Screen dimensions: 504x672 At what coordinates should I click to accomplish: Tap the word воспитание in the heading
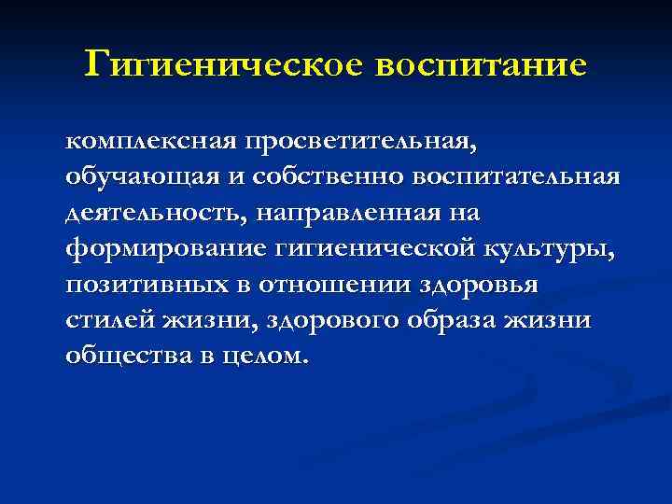tap(480, 65)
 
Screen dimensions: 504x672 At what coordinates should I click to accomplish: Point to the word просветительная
tap(359, 142)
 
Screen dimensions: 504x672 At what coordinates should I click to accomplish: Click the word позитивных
tap(141, 285)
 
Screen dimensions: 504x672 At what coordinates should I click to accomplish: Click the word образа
tap(456, 320)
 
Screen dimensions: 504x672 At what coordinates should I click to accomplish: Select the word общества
tap(121, 356)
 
